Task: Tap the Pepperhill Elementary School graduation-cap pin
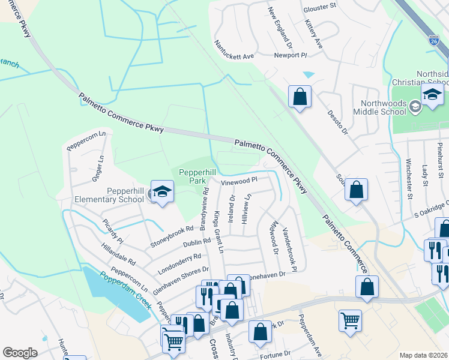pos(161,191)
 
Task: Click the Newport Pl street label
pos(291,55)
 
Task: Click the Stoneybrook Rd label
pos(172,236)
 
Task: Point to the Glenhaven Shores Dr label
pos(181,277)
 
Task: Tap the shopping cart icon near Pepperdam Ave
pos(349,320)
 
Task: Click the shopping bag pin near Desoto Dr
pos(300,97)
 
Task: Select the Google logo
pos(20,353)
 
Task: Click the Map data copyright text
pos(423,355)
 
